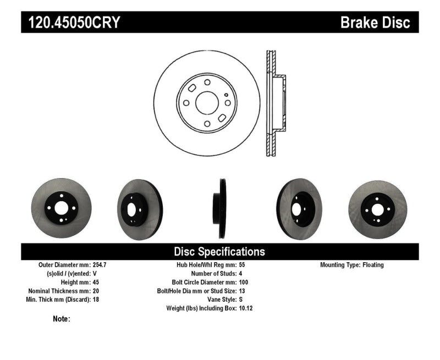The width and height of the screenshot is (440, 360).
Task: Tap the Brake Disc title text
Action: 375,23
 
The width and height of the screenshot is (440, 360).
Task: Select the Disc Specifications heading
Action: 219,252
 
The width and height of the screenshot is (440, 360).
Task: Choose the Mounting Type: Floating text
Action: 352,265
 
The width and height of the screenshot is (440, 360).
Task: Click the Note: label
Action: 62,319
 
